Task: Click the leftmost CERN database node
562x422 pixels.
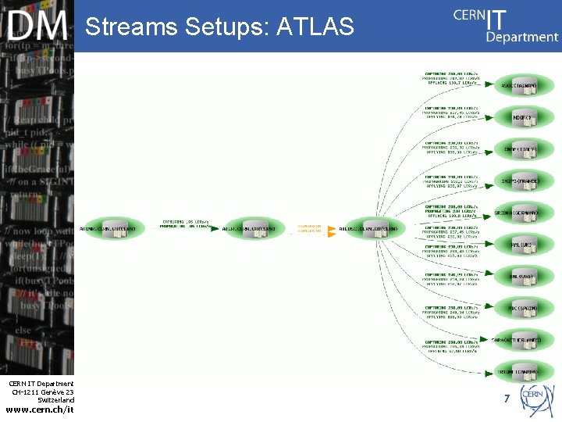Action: click(112, 228)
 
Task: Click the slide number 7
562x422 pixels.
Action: click(507, 399)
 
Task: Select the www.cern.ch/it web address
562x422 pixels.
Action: click(39, 409)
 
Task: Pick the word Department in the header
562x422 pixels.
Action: click(521, 36)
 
